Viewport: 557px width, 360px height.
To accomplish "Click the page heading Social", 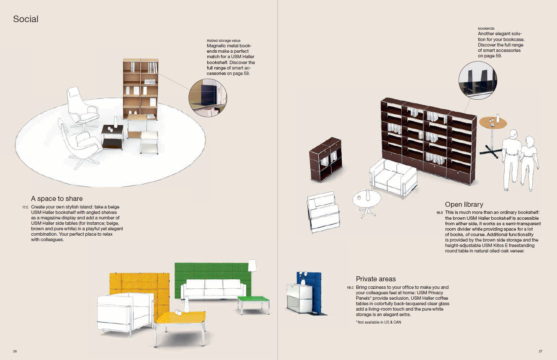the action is (26, 19).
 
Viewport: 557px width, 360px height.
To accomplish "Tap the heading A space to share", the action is (57, 198).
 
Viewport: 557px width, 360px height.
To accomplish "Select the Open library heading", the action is (464, 204).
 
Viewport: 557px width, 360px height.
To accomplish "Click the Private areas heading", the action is (376, 279).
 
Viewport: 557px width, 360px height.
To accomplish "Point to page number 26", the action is (15, 351).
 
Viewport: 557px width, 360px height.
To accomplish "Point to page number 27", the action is (540, 351).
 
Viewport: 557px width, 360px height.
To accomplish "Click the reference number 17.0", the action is (25, 207).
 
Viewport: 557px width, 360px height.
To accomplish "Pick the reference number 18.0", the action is (440, 213).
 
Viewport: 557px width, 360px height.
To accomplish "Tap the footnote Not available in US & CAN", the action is (379, 322).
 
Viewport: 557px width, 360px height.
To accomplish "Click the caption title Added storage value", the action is (224, 41).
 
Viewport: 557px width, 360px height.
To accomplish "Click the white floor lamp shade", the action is (252, 265).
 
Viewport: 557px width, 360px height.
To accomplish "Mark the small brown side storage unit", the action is (325, 159).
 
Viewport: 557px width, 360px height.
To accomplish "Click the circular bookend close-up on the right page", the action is (478, 80).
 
